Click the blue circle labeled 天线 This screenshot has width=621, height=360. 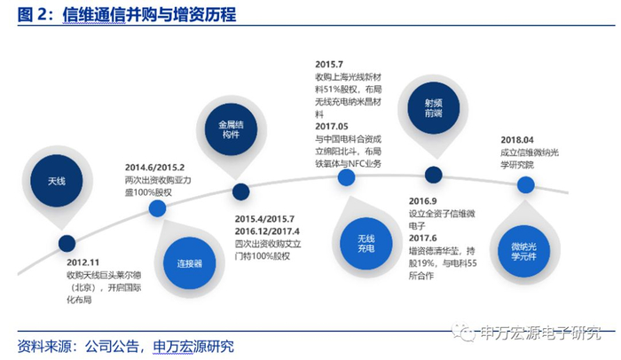click(56, 180)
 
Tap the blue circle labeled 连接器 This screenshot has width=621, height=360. click(190, 263)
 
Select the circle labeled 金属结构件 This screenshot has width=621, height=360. click(232, 129)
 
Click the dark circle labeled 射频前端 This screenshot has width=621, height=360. click(432, 107)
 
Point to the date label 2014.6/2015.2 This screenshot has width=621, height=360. click(154, 167)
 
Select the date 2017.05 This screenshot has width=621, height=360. click(334, 126)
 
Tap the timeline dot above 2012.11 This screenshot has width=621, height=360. click(67, 243)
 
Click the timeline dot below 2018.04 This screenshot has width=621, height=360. click(525, 184)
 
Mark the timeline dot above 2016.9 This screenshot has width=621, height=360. click(433, 175)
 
